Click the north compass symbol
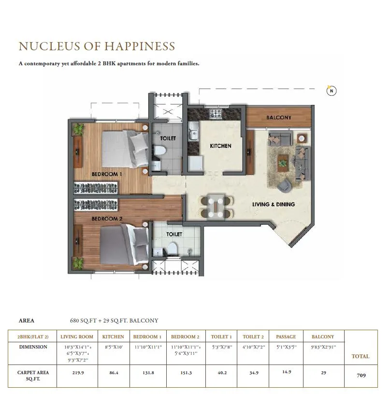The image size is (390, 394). click(x=331, y=90)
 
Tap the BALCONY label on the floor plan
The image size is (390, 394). click(x=279, y=117)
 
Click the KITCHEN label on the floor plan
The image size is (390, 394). click(x=220, y=146)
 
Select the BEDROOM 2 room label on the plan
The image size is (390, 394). click(x=107, y=219)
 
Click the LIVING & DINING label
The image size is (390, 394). click(x=274, y=204)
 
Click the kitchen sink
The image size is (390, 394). click(x=193, y=132)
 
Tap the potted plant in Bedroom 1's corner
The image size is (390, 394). click(x=78, y=129)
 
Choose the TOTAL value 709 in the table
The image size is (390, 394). click(x=361, y=375)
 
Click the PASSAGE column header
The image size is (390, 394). click(x=286, y=336)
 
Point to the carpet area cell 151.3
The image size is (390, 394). click(x=185, y=373)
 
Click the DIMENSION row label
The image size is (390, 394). click(x=33, y=347)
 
